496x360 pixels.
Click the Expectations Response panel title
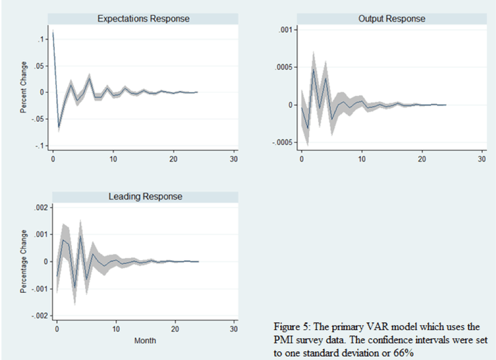click(x=143, y=18)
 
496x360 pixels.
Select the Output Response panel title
click(x=391, y=18)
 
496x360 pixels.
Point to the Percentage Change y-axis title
click(x=24, y=261)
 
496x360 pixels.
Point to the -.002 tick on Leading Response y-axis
click(x=36, y=316)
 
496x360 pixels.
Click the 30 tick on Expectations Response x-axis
click(x=234, y=159)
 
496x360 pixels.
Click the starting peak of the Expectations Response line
click(x=53, y=31)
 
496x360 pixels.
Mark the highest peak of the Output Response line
click(x=314, y=69)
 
